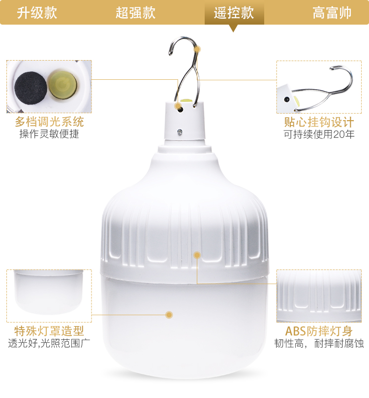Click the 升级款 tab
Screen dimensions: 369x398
(37, 13)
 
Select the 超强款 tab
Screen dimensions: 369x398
(135, 13)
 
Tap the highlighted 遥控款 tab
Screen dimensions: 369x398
(234, 13)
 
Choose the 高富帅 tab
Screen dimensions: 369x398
(332, 13)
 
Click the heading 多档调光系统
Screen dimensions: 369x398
(49, 122)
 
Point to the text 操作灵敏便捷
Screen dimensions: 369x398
(49, 134)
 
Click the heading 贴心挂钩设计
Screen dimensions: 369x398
(319, 122)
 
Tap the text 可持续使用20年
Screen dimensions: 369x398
(319, 134)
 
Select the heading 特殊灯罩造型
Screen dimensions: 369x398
(49, 331)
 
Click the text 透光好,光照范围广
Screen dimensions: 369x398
(49, 343)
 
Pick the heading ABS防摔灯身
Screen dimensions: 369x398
(319, 331)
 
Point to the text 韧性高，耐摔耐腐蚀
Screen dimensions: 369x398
(319, 343)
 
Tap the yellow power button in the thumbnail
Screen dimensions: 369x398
(62, 85)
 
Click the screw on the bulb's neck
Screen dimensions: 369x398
(180, 132)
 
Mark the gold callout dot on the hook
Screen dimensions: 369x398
(198, 49)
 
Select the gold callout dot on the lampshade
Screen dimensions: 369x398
(169, 315)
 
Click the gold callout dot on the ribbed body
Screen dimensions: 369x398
(197, 255)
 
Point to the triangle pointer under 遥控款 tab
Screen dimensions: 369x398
(233, 28)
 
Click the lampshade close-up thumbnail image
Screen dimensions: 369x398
(49, 296)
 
